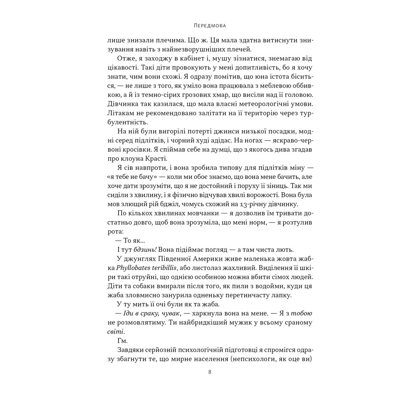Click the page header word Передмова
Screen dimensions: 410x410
click(x=205, y=26)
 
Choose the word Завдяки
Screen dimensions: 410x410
click(x=128, y=350)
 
